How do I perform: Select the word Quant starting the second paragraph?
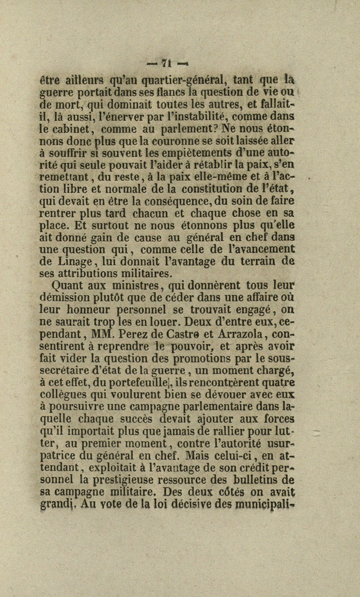point(70,286)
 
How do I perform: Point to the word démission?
point(65,298)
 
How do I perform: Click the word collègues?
point(65,395)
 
